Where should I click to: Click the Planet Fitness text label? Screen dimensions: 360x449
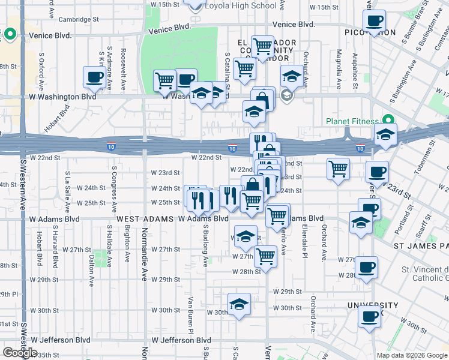pos(353,121)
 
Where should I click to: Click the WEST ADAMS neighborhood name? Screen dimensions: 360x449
pos(145,219)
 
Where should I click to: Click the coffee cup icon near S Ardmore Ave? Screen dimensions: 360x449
pos(95,78)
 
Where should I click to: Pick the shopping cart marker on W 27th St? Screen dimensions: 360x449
pos(265,256)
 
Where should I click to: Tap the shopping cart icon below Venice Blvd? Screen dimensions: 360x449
pos(262,46)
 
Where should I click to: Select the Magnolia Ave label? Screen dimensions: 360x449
pos(339,68)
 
